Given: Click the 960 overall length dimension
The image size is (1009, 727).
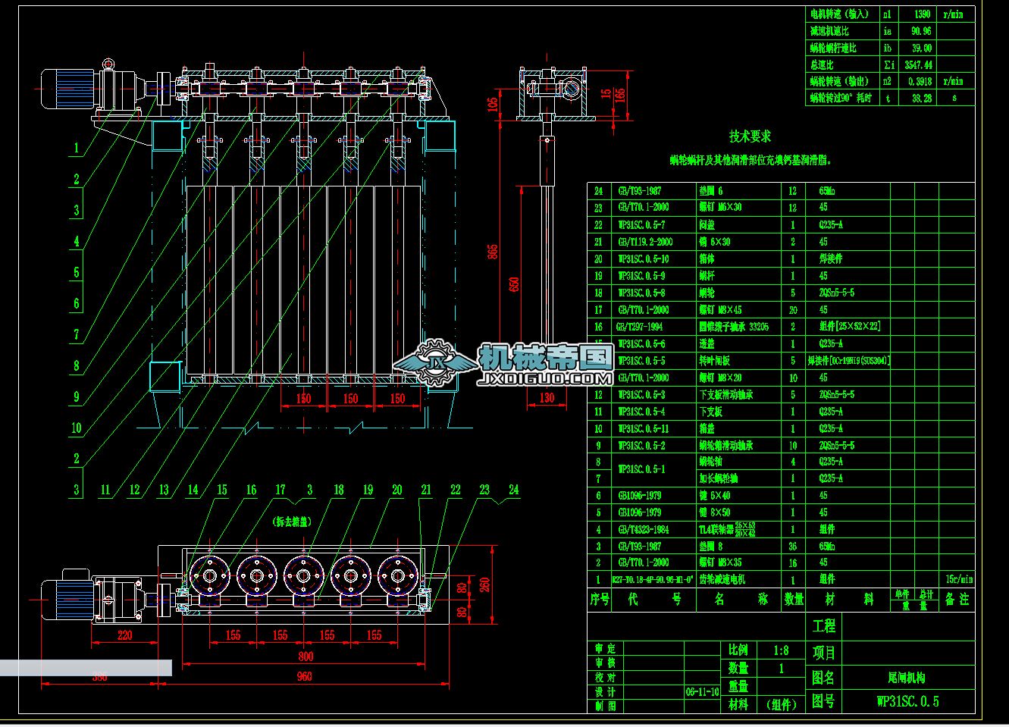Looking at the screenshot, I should point(304,676).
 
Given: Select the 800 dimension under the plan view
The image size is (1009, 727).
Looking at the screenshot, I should point(305,656).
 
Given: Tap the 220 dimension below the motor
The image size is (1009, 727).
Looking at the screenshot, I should point(125,635).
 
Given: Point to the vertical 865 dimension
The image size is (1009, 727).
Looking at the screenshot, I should point(493,250).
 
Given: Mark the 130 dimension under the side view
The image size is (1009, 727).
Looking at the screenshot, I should point(547,398).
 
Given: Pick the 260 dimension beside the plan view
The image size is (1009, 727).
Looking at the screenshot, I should point(485,584).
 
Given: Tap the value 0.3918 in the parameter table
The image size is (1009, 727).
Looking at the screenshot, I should point(918,82).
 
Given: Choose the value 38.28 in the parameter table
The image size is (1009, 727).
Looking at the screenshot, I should point(921,99).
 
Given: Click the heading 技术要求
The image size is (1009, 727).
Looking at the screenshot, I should point(750,136).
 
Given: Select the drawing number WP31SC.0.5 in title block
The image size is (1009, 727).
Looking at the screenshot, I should point(907,702).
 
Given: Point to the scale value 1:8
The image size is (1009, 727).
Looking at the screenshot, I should point(780,650).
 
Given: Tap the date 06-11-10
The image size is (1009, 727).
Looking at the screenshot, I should point(702,692).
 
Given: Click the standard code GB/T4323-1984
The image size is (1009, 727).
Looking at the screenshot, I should point(643,529).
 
